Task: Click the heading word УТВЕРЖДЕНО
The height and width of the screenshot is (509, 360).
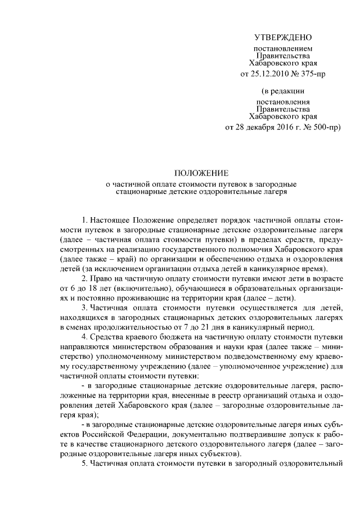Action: tap(282, 38)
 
